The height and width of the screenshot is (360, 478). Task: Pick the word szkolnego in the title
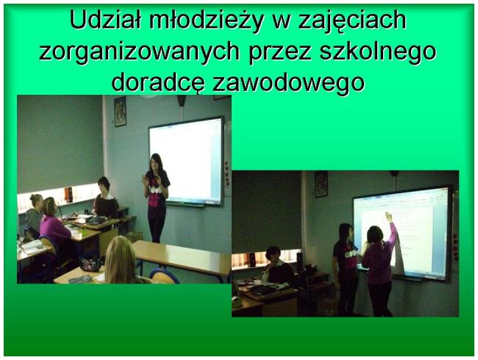378,51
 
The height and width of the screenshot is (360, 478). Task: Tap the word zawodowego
288,83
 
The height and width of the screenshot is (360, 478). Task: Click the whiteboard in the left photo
186,161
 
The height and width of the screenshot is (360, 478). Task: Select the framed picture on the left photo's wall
120,112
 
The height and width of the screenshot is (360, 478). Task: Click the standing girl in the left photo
157,198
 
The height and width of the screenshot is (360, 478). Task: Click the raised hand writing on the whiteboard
389,217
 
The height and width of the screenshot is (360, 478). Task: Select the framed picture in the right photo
321,184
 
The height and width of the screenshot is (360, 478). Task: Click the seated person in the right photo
278,267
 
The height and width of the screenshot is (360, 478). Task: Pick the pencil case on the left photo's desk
90,264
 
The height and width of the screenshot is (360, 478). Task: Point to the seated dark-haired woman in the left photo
105,198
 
